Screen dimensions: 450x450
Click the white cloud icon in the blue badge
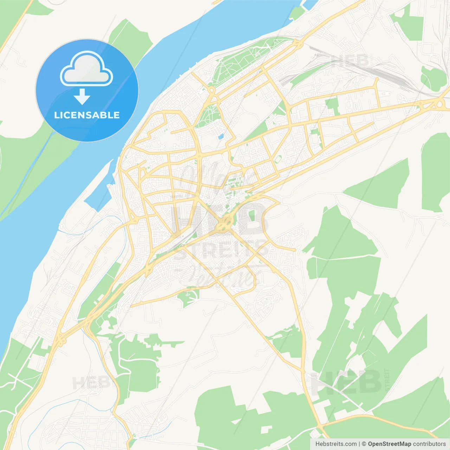click(86, 69)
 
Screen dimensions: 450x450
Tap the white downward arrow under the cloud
click(82, 96)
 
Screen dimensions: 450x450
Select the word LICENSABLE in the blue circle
click(87, 115)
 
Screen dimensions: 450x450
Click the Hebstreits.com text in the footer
click(336, 444)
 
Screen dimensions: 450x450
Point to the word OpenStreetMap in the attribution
click(389, 444)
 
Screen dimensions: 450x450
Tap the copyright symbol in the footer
click(364, 444)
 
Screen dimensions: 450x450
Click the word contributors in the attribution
click(429, 444)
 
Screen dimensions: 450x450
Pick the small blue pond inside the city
click(221, 136)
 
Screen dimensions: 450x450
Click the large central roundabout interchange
click(224, 223)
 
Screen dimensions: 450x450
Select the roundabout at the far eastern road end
click(438, 103)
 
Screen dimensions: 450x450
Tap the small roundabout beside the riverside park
click(211, 91)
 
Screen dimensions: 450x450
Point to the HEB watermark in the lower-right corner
click(346, 382)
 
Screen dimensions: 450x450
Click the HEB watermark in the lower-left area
click(88, 382)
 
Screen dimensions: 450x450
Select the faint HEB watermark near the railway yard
click(352, 60)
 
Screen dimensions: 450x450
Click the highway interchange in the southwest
click(60, 339)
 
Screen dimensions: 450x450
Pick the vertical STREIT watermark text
click(387, 380)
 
